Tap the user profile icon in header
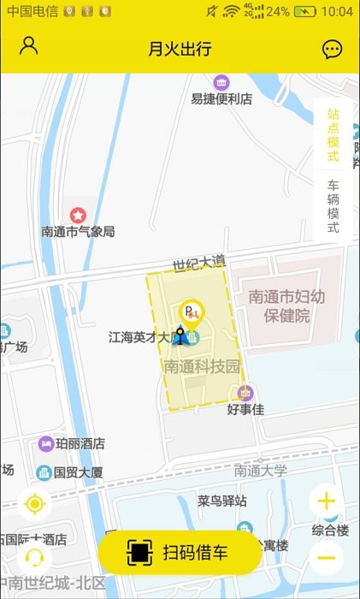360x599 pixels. click(29, 46)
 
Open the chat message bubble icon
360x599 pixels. click(332, 49)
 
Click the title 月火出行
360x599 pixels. click(180, 49)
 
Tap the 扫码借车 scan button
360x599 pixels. click(180, 552)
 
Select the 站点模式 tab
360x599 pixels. click(333, 135)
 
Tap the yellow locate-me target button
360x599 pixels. click(34, 504)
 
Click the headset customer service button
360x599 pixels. click(34, 558)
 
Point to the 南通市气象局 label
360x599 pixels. click(78, 231)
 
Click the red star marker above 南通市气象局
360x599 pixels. click(78, 214)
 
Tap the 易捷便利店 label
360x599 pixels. click(221, 98)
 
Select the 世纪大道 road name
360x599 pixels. click(198, 260)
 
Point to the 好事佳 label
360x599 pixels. click(245, 409)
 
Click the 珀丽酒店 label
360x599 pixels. click(80, 443)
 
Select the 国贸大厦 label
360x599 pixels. click(78, 471)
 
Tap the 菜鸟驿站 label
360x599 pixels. click(221, 501)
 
